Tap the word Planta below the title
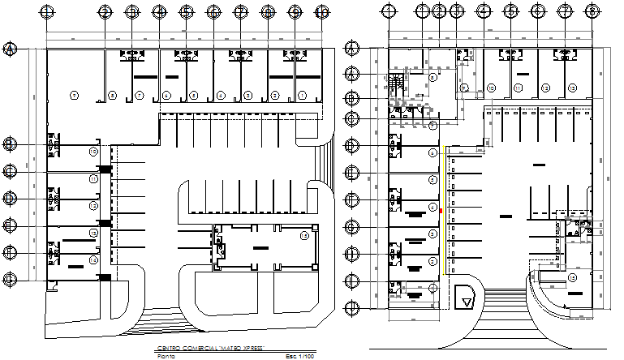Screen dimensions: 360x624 166,355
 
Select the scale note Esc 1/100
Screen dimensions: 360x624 299,355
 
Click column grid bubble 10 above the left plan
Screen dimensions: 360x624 322,11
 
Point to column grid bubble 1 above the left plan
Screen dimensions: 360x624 48,11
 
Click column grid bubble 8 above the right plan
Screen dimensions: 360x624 592,11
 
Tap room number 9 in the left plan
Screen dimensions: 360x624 74,96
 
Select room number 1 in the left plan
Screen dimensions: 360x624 302,96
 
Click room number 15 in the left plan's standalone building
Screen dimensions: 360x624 303,236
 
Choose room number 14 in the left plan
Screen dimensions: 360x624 93,259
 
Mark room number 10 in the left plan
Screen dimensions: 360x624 93,152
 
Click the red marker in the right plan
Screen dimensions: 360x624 441,211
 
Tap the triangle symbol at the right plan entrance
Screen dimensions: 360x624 465,299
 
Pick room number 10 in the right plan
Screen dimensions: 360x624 492,87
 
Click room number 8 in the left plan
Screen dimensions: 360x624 112,96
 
